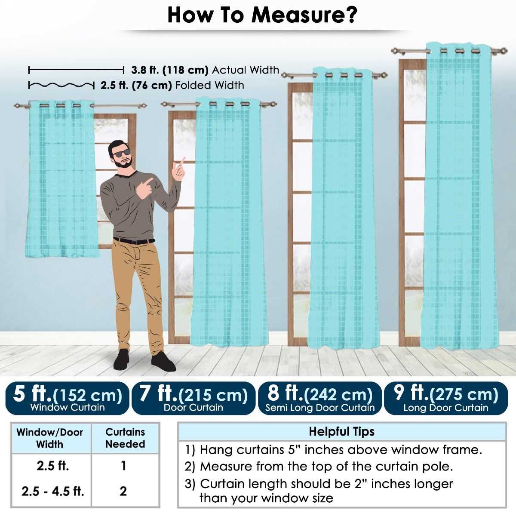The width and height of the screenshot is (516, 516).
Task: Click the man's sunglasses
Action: [x=121, y=153]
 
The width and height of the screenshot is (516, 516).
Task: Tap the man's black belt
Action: [x=134, y=241]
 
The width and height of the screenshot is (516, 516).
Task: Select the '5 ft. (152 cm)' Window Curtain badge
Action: [x=67, y=398]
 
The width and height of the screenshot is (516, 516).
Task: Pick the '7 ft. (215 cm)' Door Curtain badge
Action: [x=193, y=398]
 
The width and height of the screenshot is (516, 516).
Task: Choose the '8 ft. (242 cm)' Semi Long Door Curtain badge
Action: [x=320, y=398]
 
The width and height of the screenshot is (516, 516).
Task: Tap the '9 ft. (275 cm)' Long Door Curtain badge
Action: [x=446, y=398]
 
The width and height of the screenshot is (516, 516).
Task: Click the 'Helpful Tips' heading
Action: [x=342, y=432]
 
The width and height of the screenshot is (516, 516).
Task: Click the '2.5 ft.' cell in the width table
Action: [x=53, y=466]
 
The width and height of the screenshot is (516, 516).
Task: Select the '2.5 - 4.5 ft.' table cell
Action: [x=53, y=491]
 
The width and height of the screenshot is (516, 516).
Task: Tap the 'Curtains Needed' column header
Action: [x=125, y=438]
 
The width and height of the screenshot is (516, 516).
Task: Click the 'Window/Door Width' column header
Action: [x=50, y=438]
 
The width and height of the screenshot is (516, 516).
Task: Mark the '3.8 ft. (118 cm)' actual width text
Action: [x=170, y=70]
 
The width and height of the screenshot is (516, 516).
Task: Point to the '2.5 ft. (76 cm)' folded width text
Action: [x=136, y=86]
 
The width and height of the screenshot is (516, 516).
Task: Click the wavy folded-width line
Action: [x=61, y=85]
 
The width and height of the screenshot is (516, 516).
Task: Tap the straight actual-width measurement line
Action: [x=76, y=71]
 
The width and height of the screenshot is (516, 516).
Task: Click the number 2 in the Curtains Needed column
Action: [x=123, y=491]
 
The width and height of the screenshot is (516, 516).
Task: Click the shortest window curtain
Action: [x=61, y=179]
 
